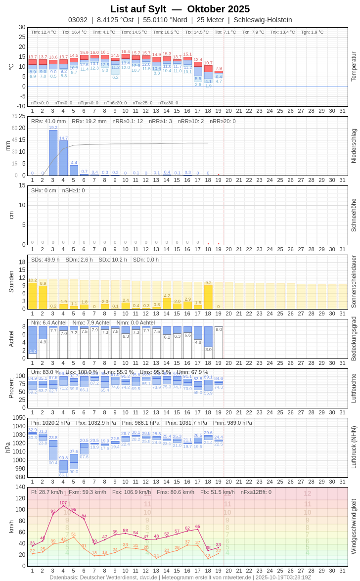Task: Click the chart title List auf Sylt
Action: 138,9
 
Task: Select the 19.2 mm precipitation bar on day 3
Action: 53,153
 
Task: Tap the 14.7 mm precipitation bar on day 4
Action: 63,158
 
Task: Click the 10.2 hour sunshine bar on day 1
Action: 32,296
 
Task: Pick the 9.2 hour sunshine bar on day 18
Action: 208,297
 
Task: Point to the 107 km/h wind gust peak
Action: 63,505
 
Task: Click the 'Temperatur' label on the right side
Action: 354,66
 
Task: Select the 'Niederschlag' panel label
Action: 354,146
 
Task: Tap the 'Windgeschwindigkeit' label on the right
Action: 354,526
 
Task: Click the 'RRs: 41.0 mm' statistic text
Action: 48,121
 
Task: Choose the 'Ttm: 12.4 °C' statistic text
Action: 44,32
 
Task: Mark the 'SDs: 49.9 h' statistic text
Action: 45,260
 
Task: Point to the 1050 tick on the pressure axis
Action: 19,418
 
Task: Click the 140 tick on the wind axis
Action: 20,487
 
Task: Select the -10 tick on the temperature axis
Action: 20,106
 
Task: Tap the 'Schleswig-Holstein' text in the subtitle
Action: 263,20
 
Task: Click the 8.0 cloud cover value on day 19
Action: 219,329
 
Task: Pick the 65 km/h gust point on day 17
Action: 198,530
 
